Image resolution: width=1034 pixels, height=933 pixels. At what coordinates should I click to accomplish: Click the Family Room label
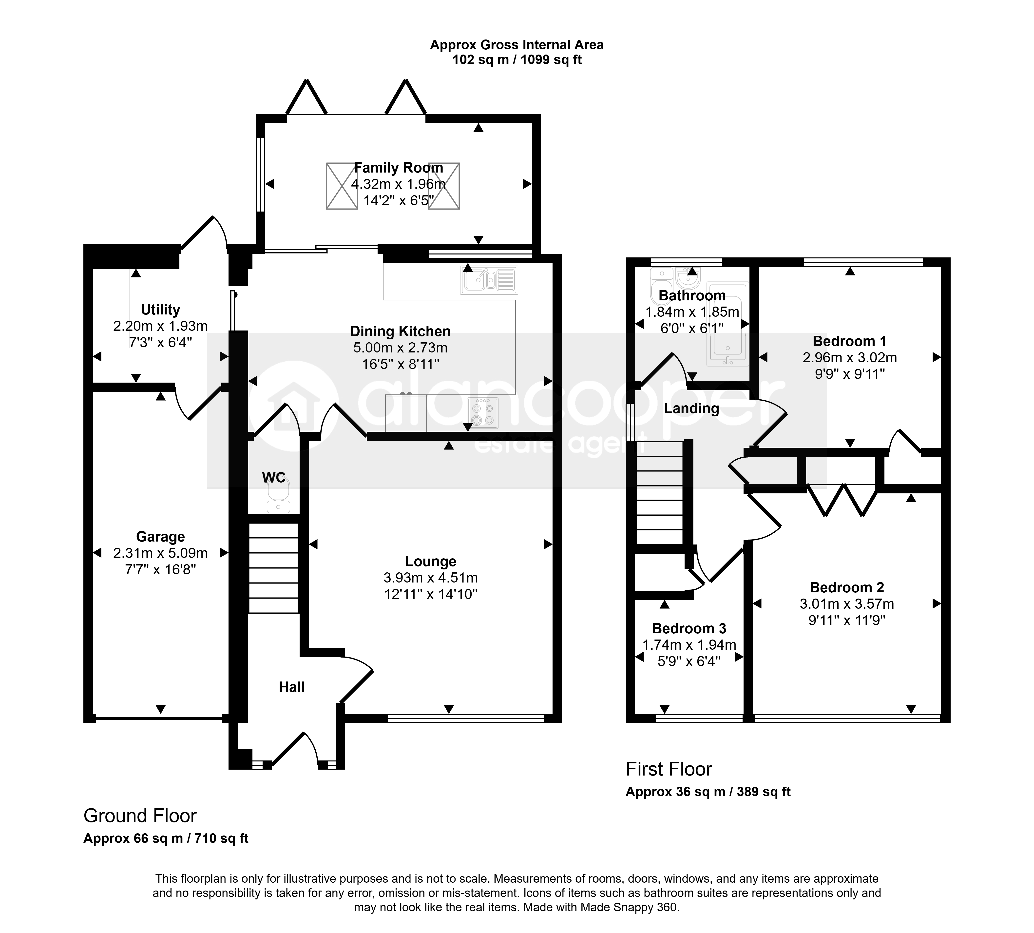(x=398, y=168)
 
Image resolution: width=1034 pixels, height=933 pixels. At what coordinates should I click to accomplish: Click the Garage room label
(x=160, y=537)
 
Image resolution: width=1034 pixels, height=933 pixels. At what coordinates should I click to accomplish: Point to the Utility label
(x=160, y=310)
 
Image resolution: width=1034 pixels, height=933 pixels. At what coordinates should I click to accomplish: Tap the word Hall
(x=292, y=687)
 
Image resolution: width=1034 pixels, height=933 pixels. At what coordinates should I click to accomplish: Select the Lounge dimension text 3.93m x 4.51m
(x=431, y=578)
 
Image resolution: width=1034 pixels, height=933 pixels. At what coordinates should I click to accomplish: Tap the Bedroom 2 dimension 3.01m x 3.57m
(x=847, y=604)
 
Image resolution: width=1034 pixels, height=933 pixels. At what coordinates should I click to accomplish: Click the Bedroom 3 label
(x=689, y=628)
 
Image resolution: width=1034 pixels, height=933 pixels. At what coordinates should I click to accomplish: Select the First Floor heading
(x=669, y=769)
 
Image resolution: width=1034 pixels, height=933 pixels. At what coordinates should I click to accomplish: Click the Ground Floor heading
(x=140, y=816)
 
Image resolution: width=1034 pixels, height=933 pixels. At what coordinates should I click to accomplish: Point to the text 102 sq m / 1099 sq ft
(x=517, y=60)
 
